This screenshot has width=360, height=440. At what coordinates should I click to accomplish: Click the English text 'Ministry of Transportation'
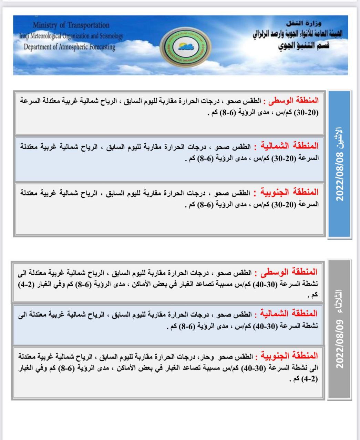(71, 25)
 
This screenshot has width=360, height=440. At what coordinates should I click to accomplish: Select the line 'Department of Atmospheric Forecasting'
(69, 47)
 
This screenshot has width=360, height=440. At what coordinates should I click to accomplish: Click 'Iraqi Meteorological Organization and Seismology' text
(71, 36)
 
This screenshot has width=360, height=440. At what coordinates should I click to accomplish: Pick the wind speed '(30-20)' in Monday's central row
(309, 113)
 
